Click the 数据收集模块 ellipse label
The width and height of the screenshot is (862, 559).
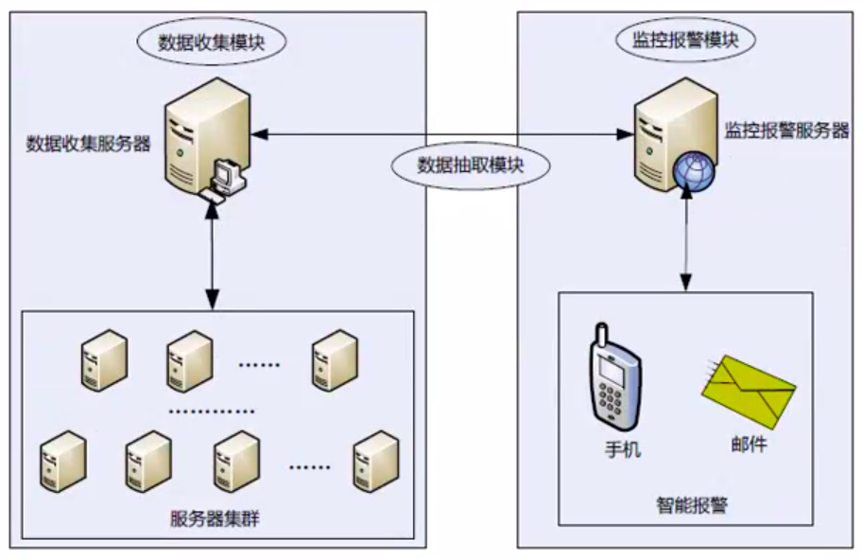pyautogui.click(x=211, y=42)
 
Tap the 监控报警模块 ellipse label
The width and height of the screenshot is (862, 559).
pyautogui.click(x=685, y=40)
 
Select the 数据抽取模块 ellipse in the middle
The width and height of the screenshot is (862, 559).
pyautogui.click(x=470, y=166)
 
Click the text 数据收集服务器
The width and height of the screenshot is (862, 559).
pyautogui.click(x=89, y=144)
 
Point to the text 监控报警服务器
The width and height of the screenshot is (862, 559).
pyautogui.click(x=786, y=131)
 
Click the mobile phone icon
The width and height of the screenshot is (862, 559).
pyautogui.click(x=614, y=376)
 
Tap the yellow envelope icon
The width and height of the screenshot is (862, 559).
pyautogui.click(x=749, y=392)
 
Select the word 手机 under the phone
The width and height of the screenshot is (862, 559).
pyautogui.click(x=622, y=449)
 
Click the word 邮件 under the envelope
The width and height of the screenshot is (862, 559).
pyautogui.click(x=749, y=444)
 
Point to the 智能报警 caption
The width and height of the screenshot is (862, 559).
pyautogui.click(x=692, y=504)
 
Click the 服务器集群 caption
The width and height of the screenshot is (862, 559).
pyautogui.click(x=215, y=518)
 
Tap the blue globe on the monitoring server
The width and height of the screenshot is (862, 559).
pyautogui.click(x=694, y=171)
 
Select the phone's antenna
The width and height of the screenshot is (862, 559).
pyautogui.click(x=601, y=335)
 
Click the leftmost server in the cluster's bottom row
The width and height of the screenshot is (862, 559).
pyautogui.click(x=63, y=461)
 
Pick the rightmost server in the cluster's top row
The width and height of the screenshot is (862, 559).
pyautogui.click(x=335, y=360)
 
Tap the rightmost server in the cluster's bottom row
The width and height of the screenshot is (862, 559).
pyautogui.click(x=376, y=461)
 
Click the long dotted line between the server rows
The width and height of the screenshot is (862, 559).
pyautogui.click(x=212, y=411)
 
